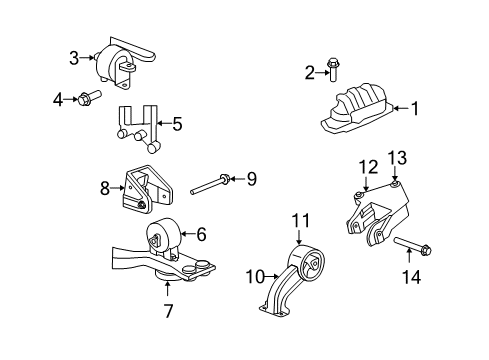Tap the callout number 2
tap(310, 70)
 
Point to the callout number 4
tap(57, 98)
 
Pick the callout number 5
tap(176, 125)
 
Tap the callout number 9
tap(252, 179)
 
